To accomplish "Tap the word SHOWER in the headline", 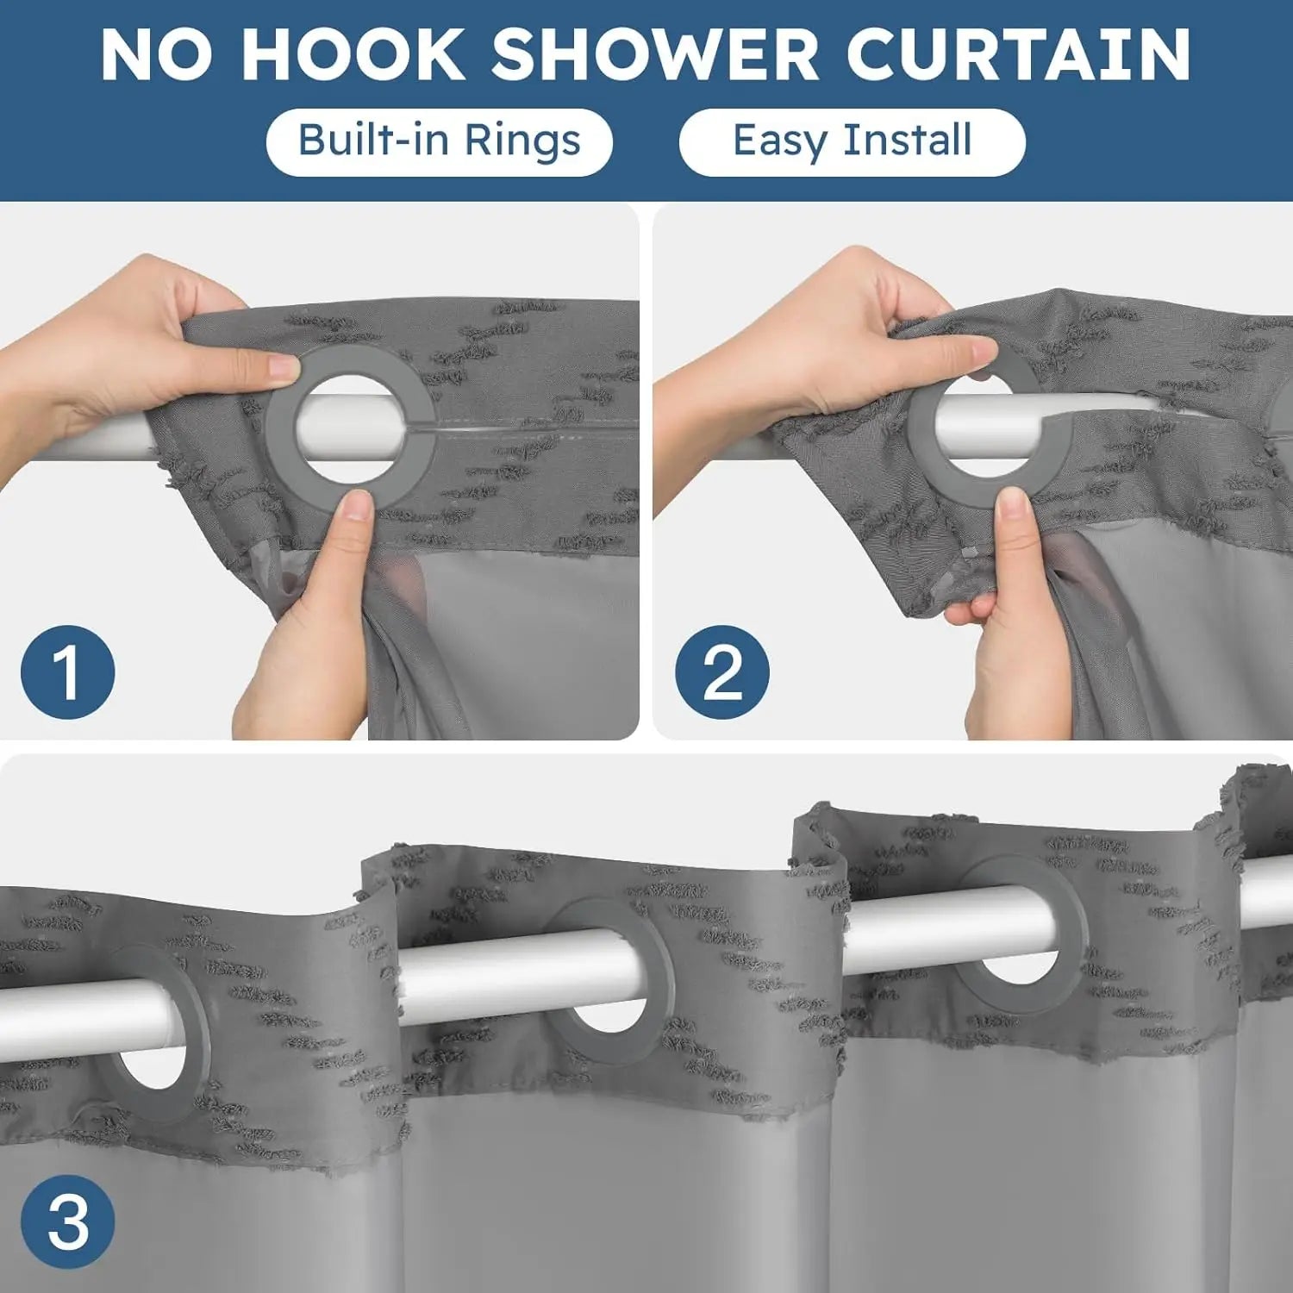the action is point(655,53).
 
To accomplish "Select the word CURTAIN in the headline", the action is point(1018,53).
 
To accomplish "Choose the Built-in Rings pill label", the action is point(440,141).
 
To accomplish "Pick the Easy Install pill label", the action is point(853,141).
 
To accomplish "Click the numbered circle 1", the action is point(67,672).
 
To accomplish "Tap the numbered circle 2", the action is point(721,672).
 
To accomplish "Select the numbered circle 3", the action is point(67,1221).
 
